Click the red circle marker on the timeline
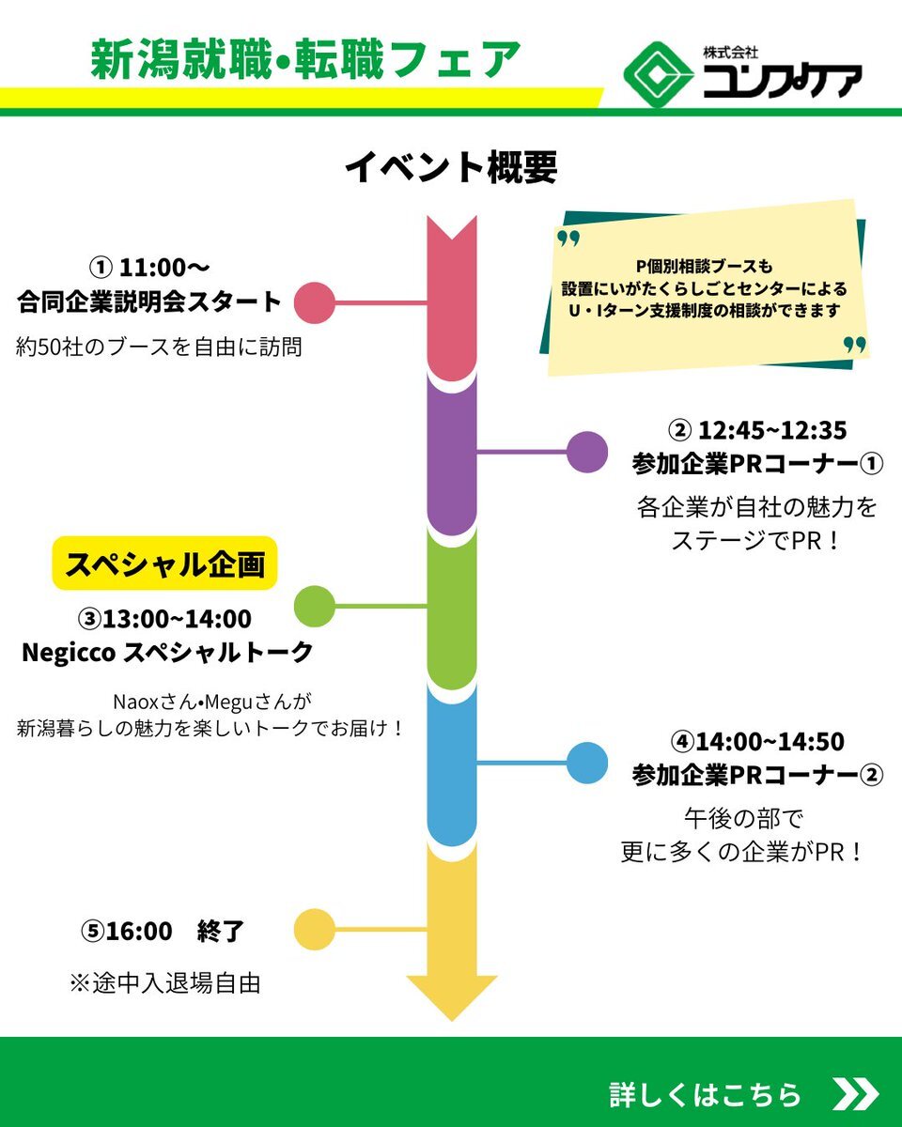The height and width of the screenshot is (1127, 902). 315,302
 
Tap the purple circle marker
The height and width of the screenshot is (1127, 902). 587,452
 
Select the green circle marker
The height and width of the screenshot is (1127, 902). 315,606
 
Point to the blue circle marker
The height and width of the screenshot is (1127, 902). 587,763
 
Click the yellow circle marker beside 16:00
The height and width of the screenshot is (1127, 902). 315,930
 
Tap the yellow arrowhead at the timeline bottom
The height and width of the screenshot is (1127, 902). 452,996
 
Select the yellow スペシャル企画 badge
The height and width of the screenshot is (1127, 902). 164,563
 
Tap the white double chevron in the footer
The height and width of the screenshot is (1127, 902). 855,1094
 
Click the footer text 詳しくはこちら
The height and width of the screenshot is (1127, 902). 706,1094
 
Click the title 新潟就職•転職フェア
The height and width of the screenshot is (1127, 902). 305,61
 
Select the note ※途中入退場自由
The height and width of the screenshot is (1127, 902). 164,983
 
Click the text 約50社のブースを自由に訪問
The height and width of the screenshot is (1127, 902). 160,347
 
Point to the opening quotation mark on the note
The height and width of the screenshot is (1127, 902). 569,238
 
